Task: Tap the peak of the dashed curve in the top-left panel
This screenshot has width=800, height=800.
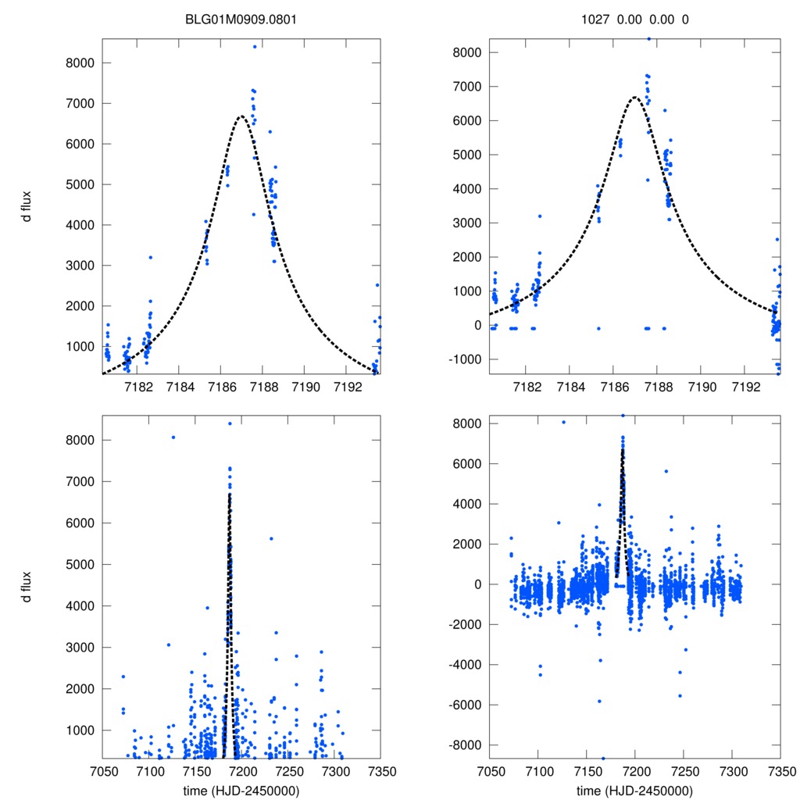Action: pos(241,116)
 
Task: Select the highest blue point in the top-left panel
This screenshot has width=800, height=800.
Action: pos(255,47)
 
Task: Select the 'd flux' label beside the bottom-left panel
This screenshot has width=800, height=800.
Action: pos(27,586)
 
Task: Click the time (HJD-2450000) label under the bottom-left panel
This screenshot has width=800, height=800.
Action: pos(241,791)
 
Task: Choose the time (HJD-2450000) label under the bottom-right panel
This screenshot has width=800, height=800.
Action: pos(634,791)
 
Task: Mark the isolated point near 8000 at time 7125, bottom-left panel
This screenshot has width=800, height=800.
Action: pos(173,437)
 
